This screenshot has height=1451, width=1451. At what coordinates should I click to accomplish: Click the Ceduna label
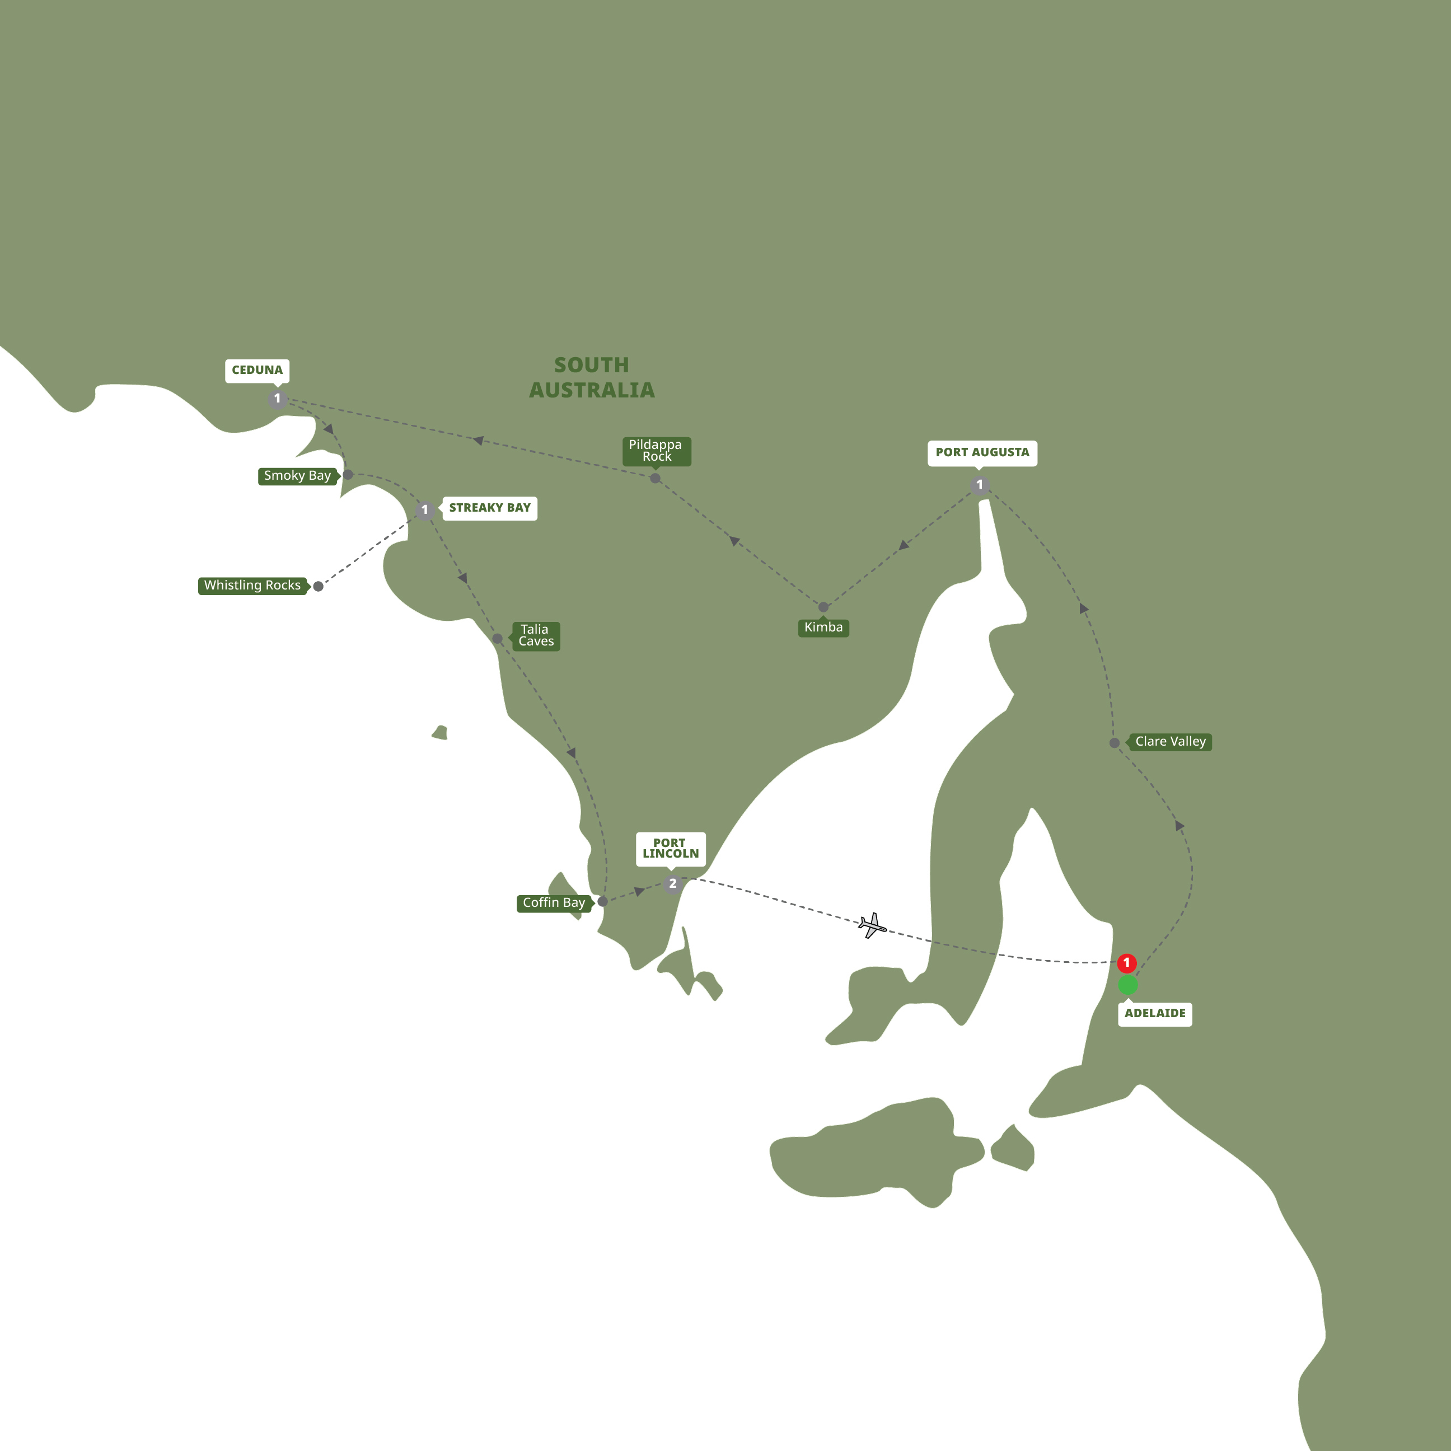point(257,370)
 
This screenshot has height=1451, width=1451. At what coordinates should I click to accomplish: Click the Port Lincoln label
point(670,849)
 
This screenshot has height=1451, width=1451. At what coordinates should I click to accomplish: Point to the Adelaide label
point(1154,1014)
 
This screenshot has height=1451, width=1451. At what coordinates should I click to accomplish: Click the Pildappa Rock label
point(656,451)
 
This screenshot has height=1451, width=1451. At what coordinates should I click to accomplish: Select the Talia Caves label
point(536,635)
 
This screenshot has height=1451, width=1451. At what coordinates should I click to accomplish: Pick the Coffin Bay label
point(554,904)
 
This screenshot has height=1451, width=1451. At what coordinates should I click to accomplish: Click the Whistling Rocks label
point(252,586)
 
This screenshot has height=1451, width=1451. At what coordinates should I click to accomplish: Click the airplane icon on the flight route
point(872,925)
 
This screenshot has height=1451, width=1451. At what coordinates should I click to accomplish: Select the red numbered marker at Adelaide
point(1126,963)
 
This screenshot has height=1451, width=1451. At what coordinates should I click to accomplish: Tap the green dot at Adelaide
point(1128,985)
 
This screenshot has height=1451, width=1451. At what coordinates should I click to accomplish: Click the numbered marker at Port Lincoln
point(672,884)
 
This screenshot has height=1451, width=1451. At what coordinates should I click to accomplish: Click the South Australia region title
point(592,378)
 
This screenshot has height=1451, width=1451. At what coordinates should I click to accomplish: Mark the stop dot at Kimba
point(823,607)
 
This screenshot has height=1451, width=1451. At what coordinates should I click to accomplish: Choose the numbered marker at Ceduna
point(277,399)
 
